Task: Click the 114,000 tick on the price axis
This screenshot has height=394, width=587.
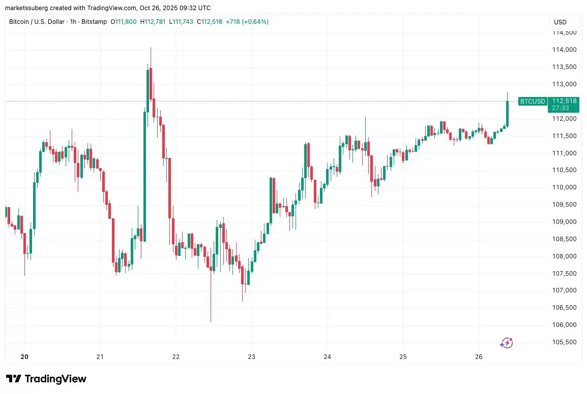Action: pyautogui.click(x=564, y=50)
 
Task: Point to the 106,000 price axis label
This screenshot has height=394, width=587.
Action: pyautogui.click(x=564, y=325)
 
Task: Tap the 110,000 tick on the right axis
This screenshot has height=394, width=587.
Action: pyautogui.click(x=564, y=187)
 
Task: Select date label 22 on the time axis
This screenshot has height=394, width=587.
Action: pyautogui.click(x=176, y=357)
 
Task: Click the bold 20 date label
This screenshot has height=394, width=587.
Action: pyautogui.click(x=24, y=357)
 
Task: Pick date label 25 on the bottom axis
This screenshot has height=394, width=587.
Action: pyautogui.click(x=403, y=357)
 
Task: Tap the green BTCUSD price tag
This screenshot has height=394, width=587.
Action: pyautogui.click(x=532, y=102)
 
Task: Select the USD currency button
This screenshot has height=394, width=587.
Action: pyautogui.click(x=560, y=22)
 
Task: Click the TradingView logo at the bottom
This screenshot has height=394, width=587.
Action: pyautogui.click(x=46, y=379)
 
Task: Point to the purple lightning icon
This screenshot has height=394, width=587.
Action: pyautogui.click(x=506, y=343)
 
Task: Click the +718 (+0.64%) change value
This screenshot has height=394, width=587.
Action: pyautogui.click(x=247, y=22)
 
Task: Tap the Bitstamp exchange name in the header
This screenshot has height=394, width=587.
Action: pyautogui.click(x=94, y=22)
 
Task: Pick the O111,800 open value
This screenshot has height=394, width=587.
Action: pyautogui.click(x=123, y=22)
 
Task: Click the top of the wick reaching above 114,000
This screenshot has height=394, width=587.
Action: pyautogui.click(x=151, y=48)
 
